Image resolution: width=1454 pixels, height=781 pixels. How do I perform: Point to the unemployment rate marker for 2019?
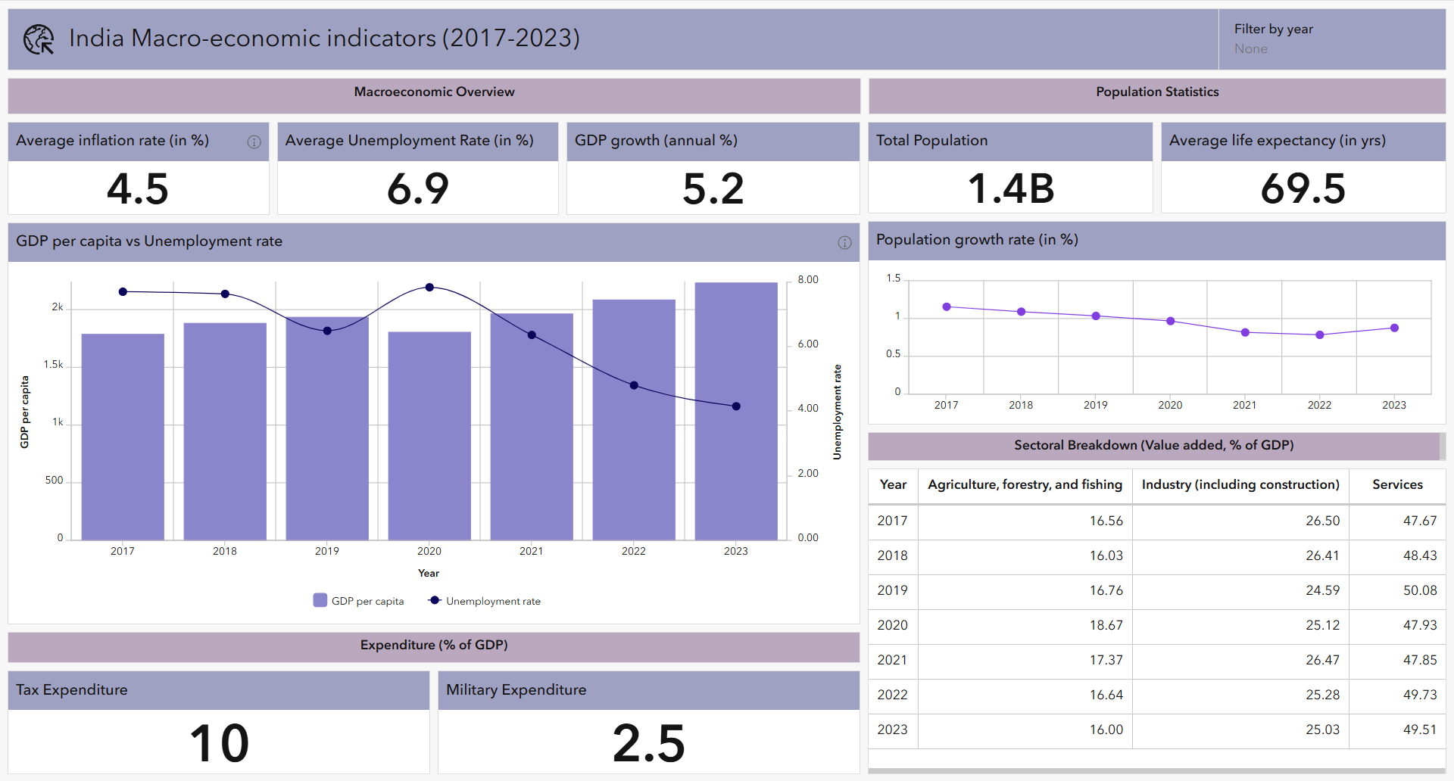tap(327, 331)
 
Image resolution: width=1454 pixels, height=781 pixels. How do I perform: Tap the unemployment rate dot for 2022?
tap(634, 385)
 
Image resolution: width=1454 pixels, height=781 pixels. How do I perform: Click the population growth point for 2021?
tap(1245, 332)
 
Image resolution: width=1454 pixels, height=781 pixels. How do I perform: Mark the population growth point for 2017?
tap(947, 306)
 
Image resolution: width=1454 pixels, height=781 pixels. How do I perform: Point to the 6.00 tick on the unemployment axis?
tap(808, 344)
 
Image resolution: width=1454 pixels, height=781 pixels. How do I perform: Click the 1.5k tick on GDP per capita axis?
tap(53, 364)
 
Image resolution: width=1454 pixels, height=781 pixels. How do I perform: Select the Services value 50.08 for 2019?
tap(1419, 590)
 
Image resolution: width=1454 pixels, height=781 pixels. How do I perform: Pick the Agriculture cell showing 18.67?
tap(1106, 625)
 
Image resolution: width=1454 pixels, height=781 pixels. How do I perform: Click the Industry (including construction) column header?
tap(1240, 484)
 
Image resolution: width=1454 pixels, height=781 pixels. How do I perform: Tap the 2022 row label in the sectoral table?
tap(892, 695)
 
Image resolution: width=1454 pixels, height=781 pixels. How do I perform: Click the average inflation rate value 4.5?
tap(138, 188)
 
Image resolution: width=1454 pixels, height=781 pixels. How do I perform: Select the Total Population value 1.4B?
tap(1010, 188)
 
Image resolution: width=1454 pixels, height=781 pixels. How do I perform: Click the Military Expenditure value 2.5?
tap(648, 742)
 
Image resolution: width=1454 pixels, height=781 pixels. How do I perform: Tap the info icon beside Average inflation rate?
tap(254, 142)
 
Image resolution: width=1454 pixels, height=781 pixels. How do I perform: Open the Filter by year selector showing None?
tap(1251, 48)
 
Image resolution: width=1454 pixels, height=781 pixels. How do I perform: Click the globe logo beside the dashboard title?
tap(39, 39)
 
